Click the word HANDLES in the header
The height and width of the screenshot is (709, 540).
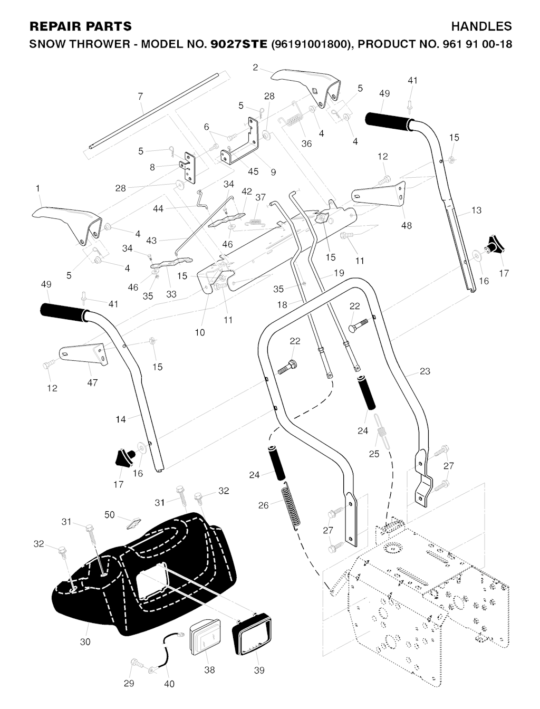[481, 26]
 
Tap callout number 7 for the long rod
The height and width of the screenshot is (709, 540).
[140, 97]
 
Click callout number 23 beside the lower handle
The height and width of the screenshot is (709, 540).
[425, 371]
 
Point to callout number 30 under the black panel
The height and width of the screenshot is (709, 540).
[85, 641]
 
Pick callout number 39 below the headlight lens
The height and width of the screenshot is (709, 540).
[259, 670]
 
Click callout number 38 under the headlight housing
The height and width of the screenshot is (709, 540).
[209, 670]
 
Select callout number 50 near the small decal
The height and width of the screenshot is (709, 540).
[110, 515]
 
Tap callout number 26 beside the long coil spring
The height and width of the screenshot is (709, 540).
[263, 505]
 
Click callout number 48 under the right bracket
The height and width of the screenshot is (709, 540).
[406, 226]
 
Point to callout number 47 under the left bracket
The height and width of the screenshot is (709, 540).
[92, 383]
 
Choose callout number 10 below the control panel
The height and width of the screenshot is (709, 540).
[200, 332]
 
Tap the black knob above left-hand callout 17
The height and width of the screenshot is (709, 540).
[123, 457]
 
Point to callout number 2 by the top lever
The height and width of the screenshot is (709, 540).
[255, 67]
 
